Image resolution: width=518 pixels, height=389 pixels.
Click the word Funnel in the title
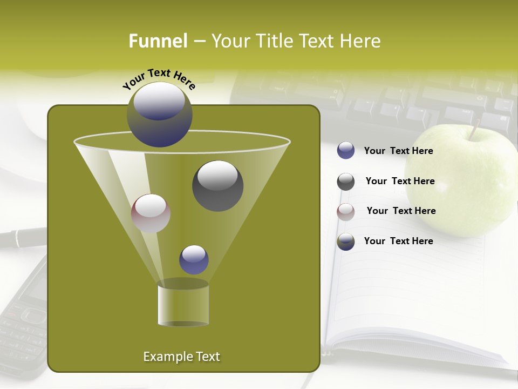point(158,41)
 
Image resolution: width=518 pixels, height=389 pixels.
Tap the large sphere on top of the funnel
point(160,115)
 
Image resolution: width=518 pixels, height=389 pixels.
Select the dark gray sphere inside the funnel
point(217,185)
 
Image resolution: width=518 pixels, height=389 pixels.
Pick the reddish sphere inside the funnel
point(151,213)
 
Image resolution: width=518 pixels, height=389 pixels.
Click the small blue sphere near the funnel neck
point(194,259)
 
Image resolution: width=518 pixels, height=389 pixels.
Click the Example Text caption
point(181,357)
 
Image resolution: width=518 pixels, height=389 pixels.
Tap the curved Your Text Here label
point(159,79)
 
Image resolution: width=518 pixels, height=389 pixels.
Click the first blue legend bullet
point(346,151)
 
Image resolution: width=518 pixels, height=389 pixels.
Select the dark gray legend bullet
point(346,182)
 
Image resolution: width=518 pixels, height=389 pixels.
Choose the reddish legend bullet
point(346,212)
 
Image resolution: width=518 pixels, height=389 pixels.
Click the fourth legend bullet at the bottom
point(346,242)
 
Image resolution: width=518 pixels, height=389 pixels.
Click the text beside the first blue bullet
point(398,151)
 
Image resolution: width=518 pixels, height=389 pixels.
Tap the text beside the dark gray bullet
point(400,181)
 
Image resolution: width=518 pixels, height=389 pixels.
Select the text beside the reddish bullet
point(401,211)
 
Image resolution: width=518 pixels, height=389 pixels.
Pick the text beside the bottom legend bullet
point(398,241)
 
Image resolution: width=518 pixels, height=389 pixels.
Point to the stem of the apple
point(474,130)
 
